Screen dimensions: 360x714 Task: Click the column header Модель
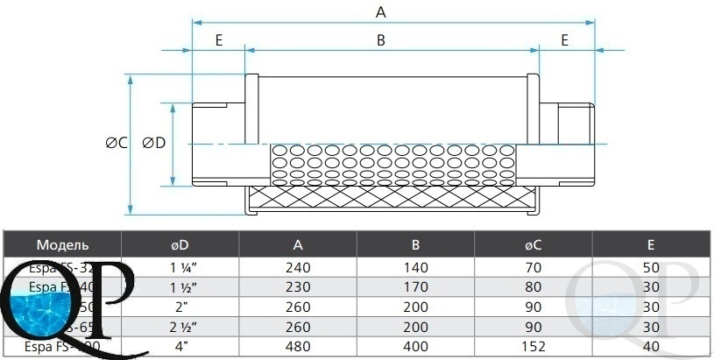tap(62, 244)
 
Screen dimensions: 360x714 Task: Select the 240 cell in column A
tap(299, 267)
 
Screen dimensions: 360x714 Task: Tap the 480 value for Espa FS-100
tap(299, 348)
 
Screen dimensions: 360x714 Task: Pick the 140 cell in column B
tap(415, 267)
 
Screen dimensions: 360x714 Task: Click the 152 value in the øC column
tap(533, 348)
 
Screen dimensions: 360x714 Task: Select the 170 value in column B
tap(415, 287)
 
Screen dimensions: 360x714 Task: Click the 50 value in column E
tap(651, 267)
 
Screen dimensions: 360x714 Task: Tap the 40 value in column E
tap(651, 348)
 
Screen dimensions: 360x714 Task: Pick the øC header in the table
tap(533, 244)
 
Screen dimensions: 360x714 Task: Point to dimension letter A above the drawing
tap(380, 11)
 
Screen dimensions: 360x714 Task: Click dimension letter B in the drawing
tap(380, 40)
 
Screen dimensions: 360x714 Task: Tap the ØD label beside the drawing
tap(153, 144)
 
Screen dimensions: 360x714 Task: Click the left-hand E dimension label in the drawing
tap(218, 40)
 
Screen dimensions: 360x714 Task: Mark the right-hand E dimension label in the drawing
tap(565, 40)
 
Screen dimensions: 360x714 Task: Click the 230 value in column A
tap(299, 287)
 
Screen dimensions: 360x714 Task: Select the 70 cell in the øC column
tap(533, 267)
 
